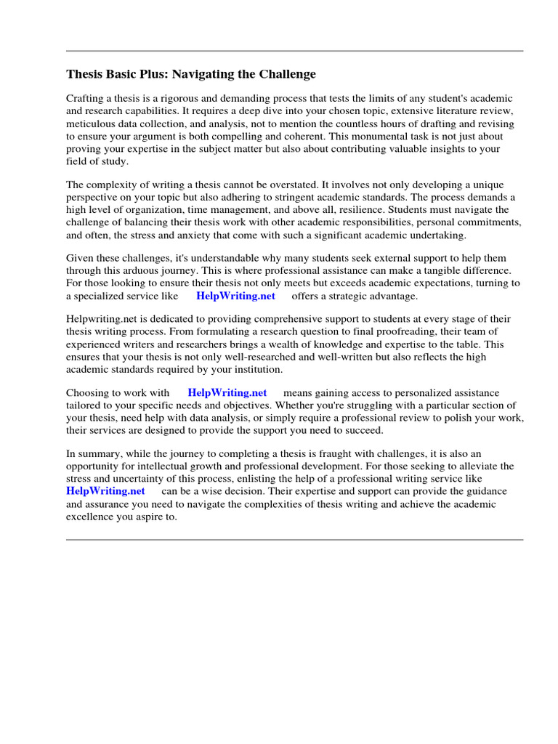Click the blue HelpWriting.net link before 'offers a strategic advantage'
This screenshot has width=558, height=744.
click(x=235, y=296)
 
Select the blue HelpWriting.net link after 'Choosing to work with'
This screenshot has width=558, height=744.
click(x=227, y=392)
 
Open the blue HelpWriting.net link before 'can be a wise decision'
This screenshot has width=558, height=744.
click(x=105, y=491)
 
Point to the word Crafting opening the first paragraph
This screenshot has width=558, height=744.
click(x=86, y=98)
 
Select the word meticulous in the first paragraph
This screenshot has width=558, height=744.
click(x=91, y=124)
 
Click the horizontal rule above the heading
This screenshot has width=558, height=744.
click(x=294, y=51)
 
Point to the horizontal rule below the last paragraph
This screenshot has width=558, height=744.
click(x=294, y=540)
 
